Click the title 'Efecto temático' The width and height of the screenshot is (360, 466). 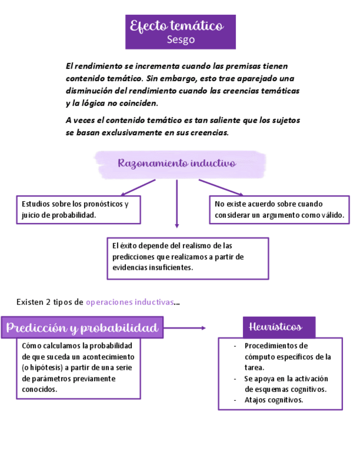[x=176, y=26]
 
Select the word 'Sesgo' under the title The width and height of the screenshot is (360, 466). [x=180, y=40]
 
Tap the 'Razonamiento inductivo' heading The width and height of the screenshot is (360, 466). [x=176, y=163]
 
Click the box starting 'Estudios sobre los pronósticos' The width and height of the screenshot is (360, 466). [x=78, y=209]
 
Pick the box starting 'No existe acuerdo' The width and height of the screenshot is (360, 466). [x=279, y=209]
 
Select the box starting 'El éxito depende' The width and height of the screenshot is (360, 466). [x=187, y=258]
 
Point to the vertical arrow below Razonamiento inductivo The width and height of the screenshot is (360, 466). [x=176, y=203]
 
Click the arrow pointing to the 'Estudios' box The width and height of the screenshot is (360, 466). [x=137, y=187]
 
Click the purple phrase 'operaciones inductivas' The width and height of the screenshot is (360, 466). [x=130, y=302]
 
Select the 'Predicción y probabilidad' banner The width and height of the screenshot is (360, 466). [x=82, y=328]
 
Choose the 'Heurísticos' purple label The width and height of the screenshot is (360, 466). [x=279, y=327]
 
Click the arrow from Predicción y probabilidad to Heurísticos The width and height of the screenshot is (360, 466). [x=185, y=328]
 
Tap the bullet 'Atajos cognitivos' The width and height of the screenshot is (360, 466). [x=274, y=400]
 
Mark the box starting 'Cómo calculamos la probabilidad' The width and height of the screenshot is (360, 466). [x=78, y=368]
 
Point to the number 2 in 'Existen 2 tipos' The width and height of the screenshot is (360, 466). [x=48, y=302]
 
